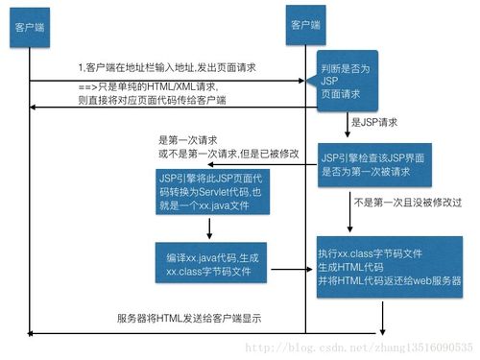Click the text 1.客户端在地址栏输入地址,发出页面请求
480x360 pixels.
169,69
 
